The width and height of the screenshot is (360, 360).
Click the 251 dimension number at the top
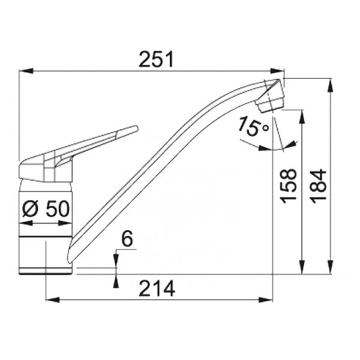(156, 59)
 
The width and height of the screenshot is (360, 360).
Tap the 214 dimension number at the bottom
(157, 289)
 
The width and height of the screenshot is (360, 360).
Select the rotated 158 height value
(289, 186)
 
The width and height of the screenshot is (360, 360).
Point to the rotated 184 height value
(318, 186)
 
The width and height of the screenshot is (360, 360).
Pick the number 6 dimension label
(127, 238)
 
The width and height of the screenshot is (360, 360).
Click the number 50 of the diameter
(58, 209)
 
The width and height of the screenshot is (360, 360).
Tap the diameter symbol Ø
(30, 209)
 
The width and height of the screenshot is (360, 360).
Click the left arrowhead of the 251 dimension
(25, 71)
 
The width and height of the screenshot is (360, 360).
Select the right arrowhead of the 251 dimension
(277, 71)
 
